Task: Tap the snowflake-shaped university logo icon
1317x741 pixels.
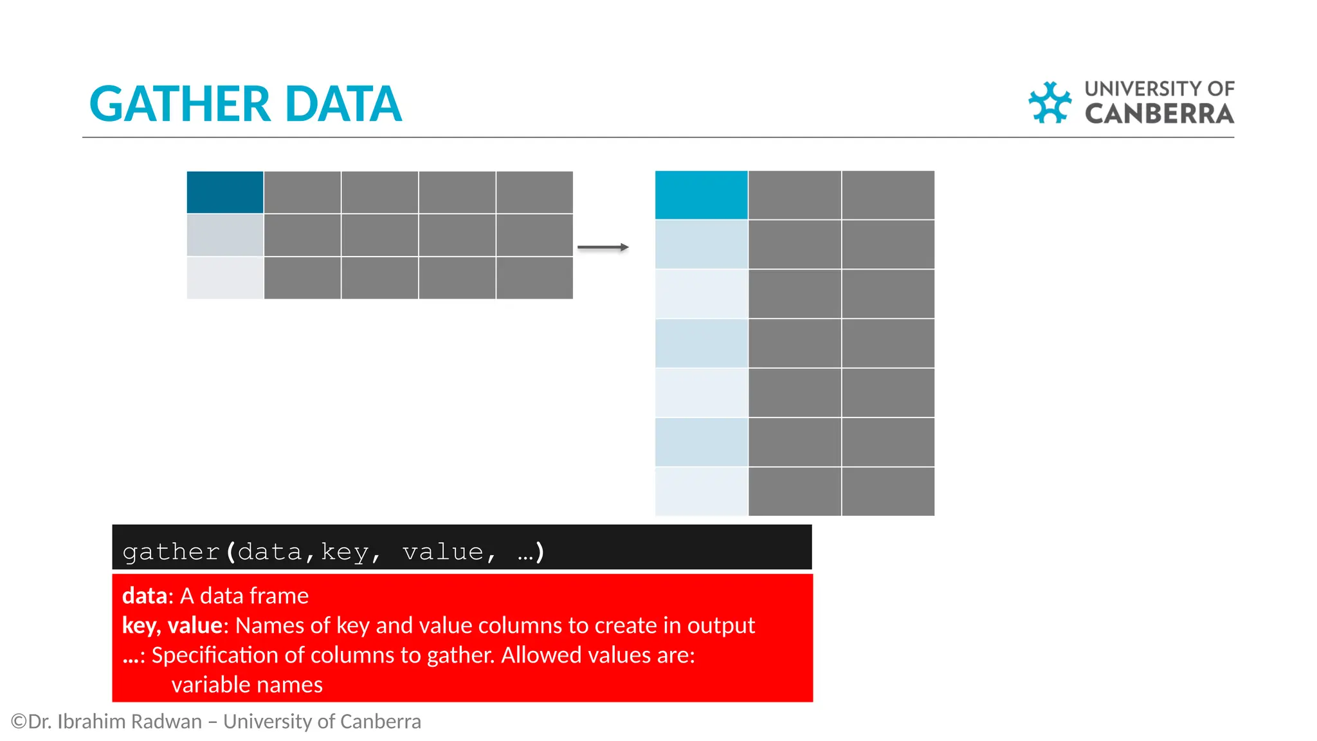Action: [x=1049, y=102]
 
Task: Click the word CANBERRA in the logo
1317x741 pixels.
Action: [x=1159, y=114]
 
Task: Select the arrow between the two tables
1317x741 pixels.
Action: [x=603, y=247]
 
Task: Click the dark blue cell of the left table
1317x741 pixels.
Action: [x=225, y=192]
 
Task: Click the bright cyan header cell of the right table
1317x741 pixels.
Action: [x=701, y=195]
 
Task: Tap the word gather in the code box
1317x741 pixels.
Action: [x=171, y=552]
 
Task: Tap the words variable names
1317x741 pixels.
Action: [x=247, y=684]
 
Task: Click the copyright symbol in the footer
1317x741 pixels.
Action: [x=19, y=721]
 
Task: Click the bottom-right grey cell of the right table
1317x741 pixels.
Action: [x=887, y=491]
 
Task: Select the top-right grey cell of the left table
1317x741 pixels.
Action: [x=534, y=192]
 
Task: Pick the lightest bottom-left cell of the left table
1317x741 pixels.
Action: [x=225, y=278]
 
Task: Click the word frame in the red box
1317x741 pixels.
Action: [x=282, y=596]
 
